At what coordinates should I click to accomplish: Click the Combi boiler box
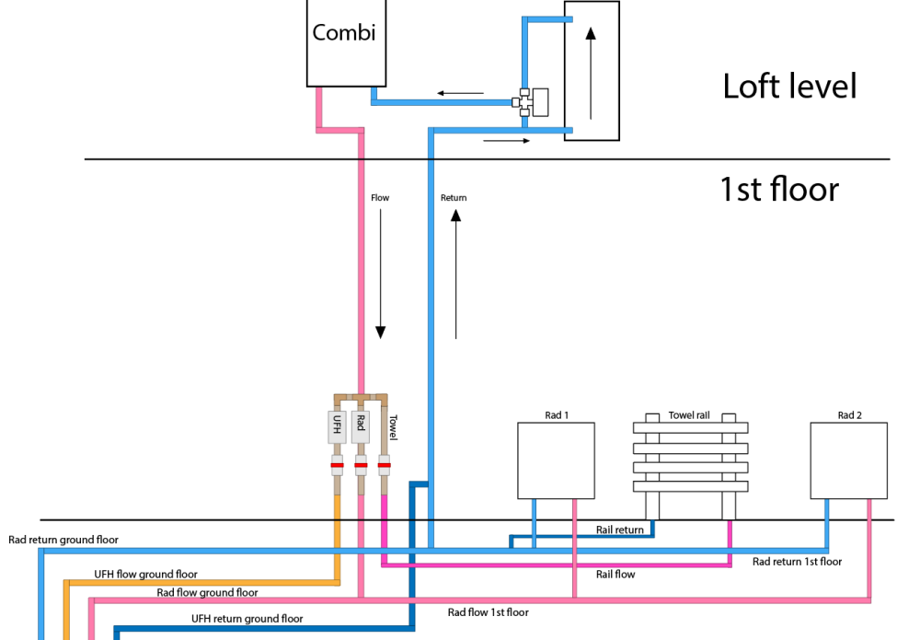pyautogui.click(x=346, y=42)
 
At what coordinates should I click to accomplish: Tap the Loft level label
pyautogui.click(x=789, y=87)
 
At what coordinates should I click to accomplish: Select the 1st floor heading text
pyautogui.click(x=779, y=189)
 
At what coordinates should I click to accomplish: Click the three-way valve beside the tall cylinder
pyautogui.click(x=530, y=103)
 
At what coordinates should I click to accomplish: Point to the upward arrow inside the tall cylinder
pyautogui.click(x=591, y=74)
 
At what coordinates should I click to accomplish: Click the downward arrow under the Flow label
pyautogui.click(x=380, y=273)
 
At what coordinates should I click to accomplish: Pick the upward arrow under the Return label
pyautogui.click(x=456, y=274)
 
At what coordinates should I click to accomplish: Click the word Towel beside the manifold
pyautogui.click(x=393, y=427)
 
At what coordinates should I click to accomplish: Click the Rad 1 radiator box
pyautogui.click(x=557, y=461)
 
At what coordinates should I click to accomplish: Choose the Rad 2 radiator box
pyautogui.click(x=849, y=461)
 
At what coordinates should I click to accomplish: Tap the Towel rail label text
pyautogui.click(x=689, y=415)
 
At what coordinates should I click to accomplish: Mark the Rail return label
pyautogui.click(x=619, y=529)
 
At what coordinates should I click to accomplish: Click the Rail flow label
pyautogui.click(x=615, y=575)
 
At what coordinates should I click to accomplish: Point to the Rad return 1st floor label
pyautogui.click(x=797, y=562)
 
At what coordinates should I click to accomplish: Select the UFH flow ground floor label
pyautogui.click(x=145, y=575)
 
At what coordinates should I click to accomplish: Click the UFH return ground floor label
pyautogui.click(x=247, y=619)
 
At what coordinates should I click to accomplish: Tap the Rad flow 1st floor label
pyautogui.click(x=489, y=612)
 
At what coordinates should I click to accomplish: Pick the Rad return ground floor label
pyautogui.click(x=63, y=540)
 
